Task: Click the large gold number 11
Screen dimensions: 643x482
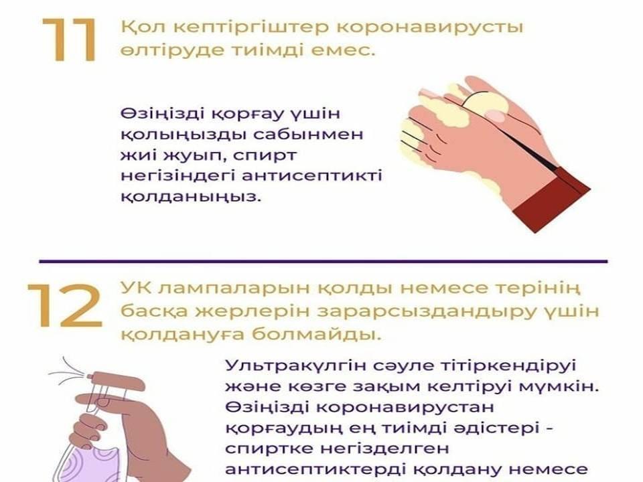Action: pos(70,40)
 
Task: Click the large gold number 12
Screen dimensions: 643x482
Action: pos(65,306)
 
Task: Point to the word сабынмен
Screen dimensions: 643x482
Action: pos(307,135)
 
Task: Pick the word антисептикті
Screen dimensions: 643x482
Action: pos(311,176)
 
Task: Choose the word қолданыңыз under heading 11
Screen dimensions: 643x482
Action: pos(191,197)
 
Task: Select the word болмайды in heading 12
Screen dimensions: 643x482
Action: pos(317,335)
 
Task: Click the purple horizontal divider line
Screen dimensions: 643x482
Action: pos(323,260)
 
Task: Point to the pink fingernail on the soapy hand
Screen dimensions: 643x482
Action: pos(496,116)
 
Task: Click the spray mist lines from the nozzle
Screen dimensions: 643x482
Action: pos(68,371)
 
